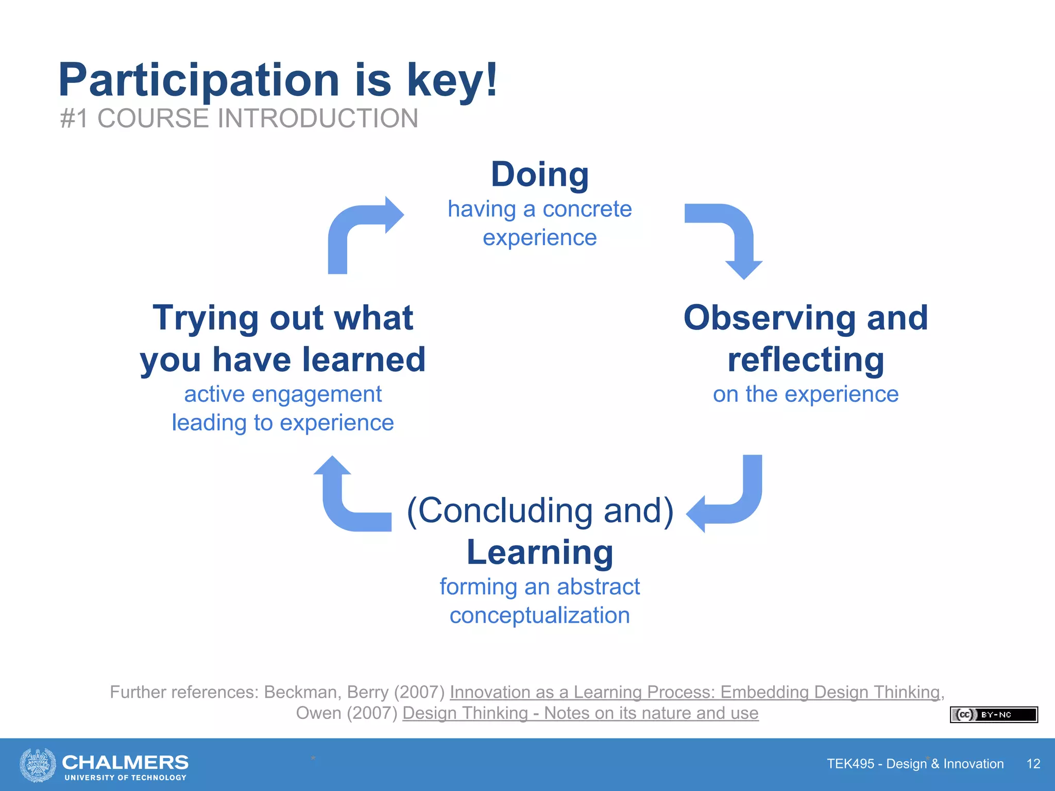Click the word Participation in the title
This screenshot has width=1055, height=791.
tap(198, 81)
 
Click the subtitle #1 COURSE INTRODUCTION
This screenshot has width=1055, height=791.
tap(239, 118)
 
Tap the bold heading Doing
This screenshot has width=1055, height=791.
tap(539, 175)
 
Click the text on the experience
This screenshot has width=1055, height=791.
tap(806, 394)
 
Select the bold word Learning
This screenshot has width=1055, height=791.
tap(539, 552)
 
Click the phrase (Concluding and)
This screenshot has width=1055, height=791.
tap(539, 511)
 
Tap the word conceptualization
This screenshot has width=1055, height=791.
tap(539, 615)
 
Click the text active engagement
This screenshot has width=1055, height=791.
tap(283, 394)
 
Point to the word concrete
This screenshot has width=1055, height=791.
tap(587, 210)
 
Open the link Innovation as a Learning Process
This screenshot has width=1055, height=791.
tap(694, 692)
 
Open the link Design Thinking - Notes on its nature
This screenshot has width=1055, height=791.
tap(580, 713)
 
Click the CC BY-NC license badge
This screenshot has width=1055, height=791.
tap(993, 715)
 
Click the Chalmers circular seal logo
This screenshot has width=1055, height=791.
tap(38, 765)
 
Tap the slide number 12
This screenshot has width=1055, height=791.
tap(1033, 764)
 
